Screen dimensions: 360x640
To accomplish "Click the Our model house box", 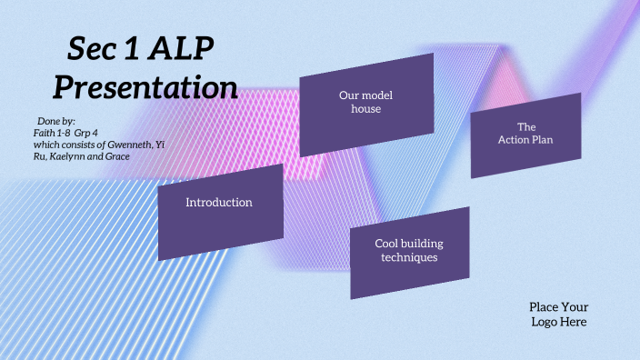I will click(365, 102).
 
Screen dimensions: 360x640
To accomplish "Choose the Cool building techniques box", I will click(409, 251).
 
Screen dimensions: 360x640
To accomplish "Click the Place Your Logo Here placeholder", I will click(558, 315).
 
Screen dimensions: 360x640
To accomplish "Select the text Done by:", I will click(56, 121).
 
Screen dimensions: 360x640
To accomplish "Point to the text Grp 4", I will click(87, 133).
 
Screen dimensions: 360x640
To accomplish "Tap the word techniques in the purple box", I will click(409, 258).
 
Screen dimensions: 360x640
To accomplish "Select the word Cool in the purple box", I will click(388, 244).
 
